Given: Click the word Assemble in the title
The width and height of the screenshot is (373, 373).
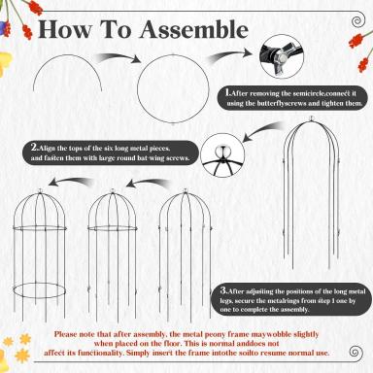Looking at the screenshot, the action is coord(193,30).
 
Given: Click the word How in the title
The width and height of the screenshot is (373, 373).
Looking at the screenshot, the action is coord(65,30).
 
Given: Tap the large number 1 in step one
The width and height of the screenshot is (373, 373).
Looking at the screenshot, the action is coord(228,92).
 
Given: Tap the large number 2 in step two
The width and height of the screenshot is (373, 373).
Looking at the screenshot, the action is coord(35,148).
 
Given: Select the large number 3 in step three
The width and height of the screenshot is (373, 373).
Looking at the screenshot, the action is coord(223,290).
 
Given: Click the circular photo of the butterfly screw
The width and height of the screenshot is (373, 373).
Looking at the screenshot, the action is coord(282,56).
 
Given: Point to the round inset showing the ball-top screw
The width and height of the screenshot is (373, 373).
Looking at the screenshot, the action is coord(222,155).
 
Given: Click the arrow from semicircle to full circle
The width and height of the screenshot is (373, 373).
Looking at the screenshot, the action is coord(119,57).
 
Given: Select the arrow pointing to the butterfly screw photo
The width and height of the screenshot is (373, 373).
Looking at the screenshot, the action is coord(229,55).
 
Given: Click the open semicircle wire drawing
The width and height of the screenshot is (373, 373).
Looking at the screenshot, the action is coord(67,55).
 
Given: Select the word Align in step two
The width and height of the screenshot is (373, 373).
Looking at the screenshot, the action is coord(48,149).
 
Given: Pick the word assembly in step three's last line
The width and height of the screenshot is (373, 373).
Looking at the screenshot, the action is coord(293,309).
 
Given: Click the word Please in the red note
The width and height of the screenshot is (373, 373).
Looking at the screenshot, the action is coord(67,334).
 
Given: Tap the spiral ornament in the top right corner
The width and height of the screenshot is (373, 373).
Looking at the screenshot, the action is coord(356,21).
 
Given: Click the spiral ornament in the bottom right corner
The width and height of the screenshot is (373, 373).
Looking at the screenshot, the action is coord(356,352).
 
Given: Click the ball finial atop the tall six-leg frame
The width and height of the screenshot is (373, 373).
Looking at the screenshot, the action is coord(312,119).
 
